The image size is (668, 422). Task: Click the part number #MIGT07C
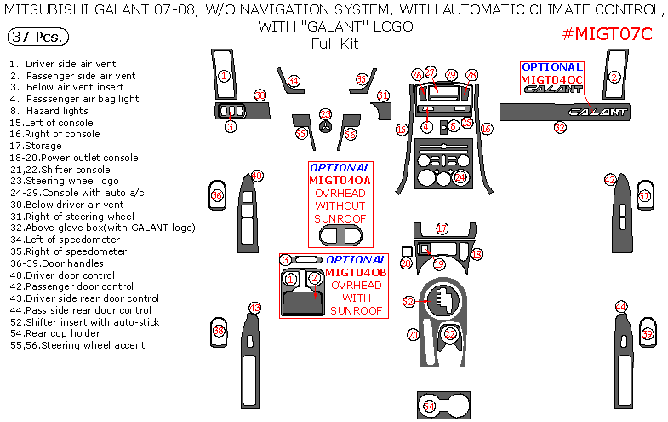click(x=607, y=34)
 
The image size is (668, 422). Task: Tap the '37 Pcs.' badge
click(x=38, y=38)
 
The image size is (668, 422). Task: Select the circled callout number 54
click(x=430, y=407)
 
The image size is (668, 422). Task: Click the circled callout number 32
click(x=559, y=128)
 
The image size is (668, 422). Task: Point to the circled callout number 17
click(x=442, y=228)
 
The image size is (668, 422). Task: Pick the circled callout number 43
click(x=254, y=308)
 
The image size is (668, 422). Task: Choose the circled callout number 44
click(x=621, y=307)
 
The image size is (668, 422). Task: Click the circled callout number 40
click(x=255, y=176)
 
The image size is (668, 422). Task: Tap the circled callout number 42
click(x=609, y=180)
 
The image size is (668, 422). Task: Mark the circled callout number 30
click(x=260, y=95)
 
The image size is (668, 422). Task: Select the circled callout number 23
click(x=325, y=114)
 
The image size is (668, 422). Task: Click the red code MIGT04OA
click(x=340, y=181)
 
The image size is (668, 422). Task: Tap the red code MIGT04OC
click(x=552, y=79)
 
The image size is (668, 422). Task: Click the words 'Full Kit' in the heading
click(x=334, y=43)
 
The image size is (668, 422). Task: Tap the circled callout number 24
click(x=460, y=177)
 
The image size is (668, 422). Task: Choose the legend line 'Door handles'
click(x=63, y=263)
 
